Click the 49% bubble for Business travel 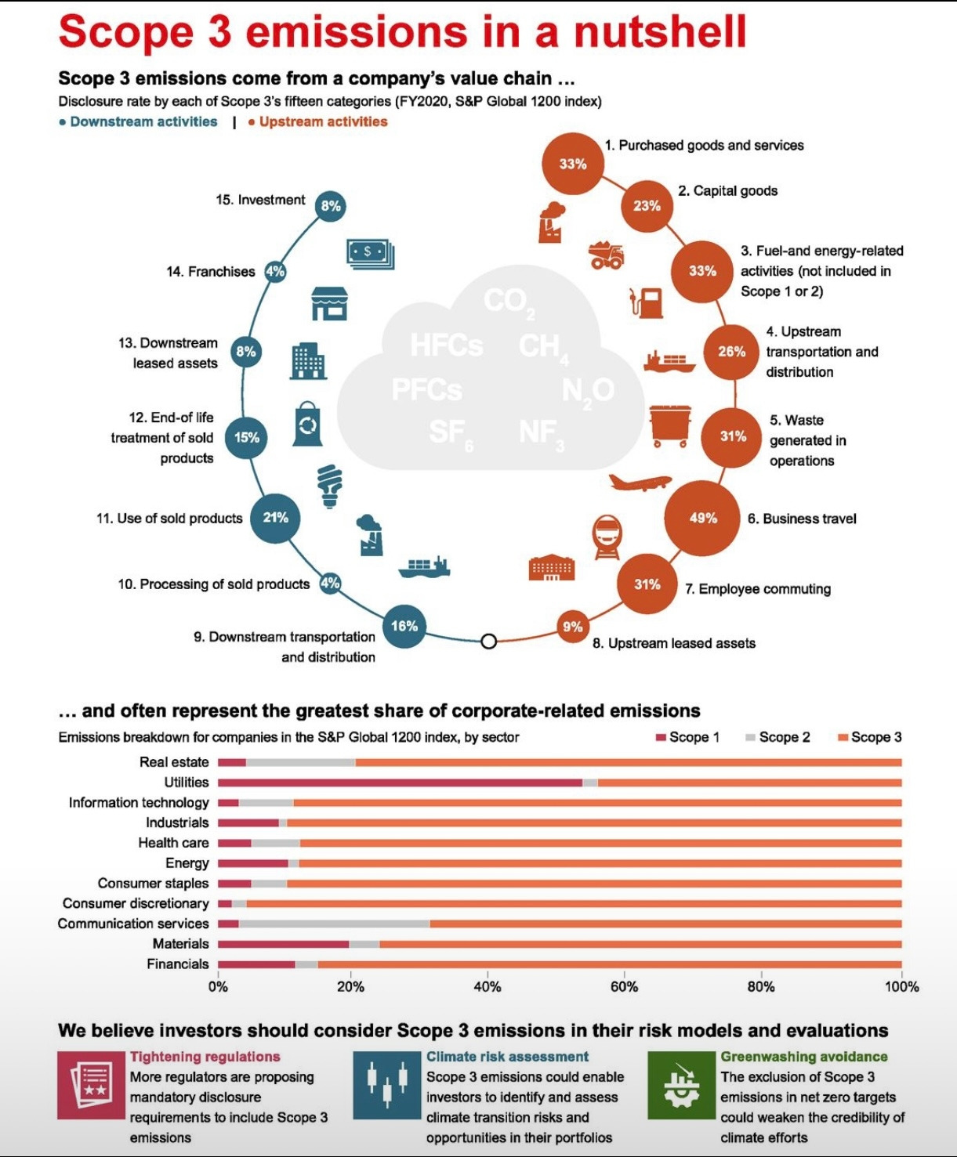point(702,518)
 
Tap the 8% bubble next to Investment point(331,206)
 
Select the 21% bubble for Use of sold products point(275,518)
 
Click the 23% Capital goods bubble point(647,206)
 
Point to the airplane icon point(640,482)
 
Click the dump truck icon point(607,255)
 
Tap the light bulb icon point(330,486)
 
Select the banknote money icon point(370,254)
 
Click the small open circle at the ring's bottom point(489,642)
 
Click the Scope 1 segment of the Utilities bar point(400,782)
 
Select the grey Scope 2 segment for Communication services point(334,924)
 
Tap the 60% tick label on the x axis point(624,987)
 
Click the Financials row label point(178,964)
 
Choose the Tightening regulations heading point(205,1057)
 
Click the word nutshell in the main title point(660,31)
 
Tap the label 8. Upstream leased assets point(674,643)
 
